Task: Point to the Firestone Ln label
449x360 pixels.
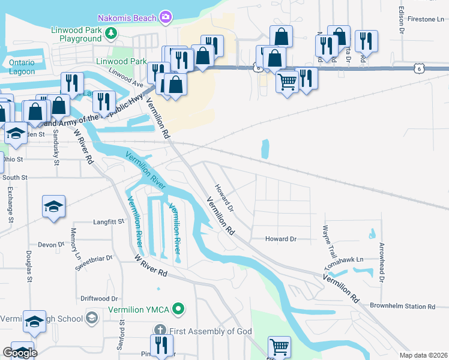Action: click(x=425, y=19)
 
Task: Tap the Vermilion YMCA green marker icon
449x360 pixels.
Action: click(x=178, y=310)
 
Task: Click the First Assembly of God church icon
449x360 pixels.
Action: click(x=160, y=330)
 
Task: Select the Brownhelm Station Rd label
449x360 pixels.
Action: click(x=402, y=306)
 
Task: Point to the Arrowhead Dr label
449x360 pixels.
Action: click(x=381, y=262)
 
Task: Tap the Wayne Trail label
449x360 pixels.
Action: click(x=327, y=237)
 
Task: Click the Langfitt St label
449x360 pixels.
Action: click(x=108, y=221)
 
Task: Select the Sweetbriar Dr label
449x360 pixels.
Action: click(x=93, y=259)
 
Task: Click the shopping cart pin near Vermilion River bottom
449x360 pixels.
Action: click(x=279, y=347)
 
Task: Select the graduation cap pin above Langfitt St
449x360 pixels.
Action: click(x=53, y=207)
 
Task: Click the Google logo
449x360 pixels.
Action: click(x=20, y=353)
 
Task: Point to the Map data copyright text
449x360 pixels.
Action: click(x=423, y=355)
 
